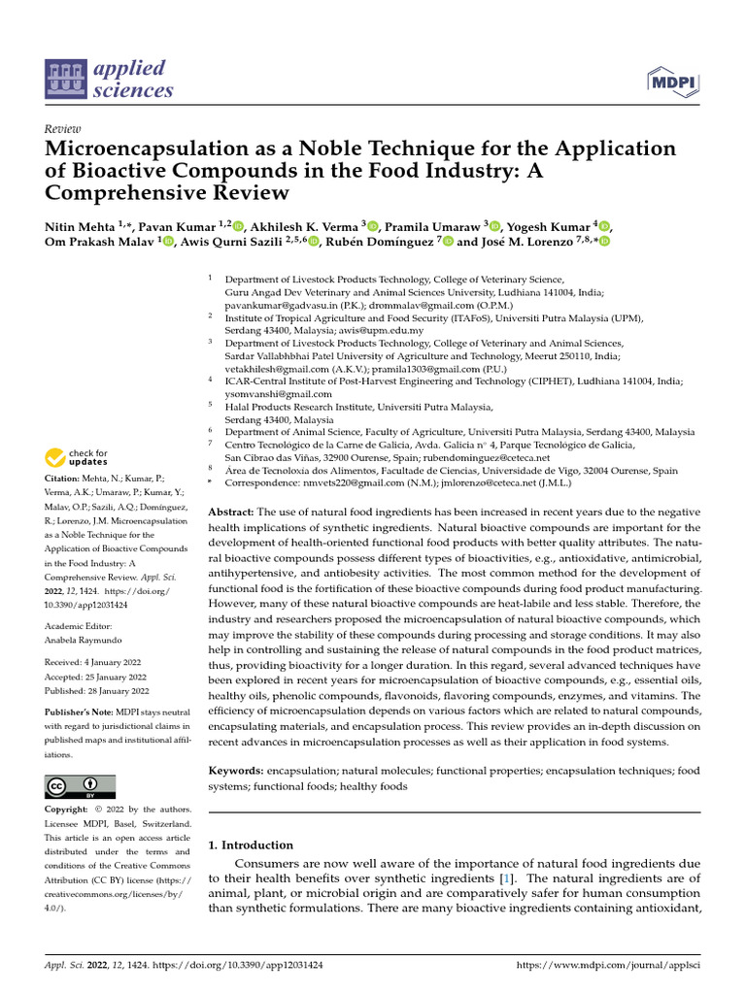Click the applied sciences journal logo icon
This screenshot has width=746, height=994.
(x=65, y=81)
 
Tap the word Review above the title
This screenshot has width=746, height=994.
(x=63, y=128)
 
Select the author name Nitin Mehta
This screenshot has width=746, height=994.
(x=80, y=226)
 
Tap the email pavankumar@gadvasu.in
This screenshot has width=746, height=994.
(x=280, y=303)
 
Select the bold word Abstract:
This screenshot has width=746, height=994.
(x=232, y=511)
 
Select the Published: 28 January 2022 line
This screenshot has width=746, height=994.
(x=97, y=691)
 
